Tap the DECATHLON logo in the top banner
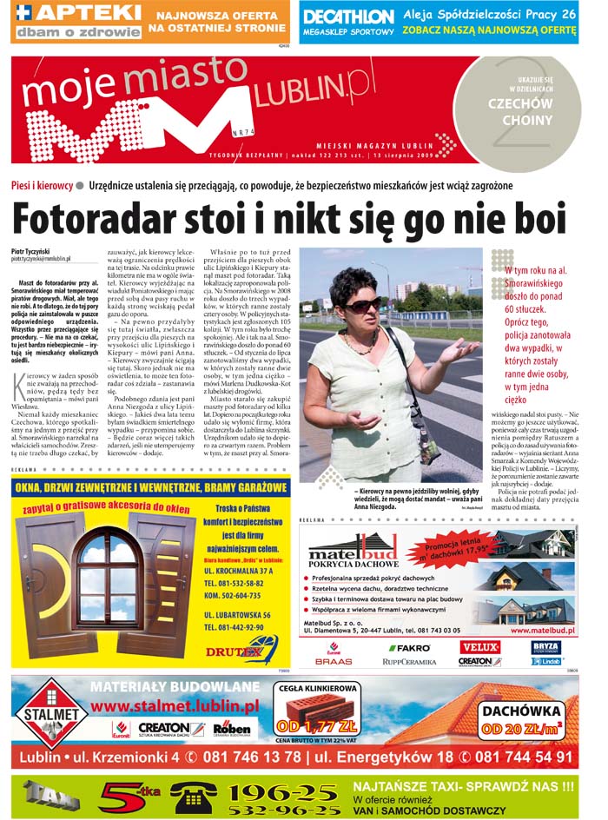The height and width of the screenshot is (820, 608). point(349,17)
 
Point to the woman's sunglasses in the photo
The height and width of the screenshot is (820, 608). point(365,305)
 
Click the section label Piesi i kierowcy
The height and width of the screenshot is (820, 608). point(42,186)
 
